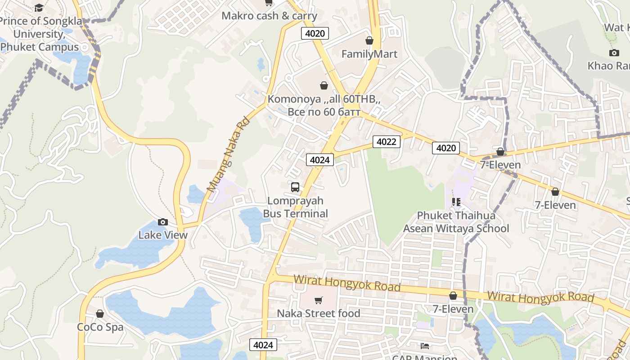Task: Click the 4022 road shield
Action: [386, 142]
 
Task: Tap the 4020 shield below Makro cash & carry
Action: [315, 33]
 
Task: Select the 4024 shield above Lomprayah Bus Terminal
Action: [320, 159]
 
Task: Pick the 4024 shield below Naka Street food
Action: [263, 345]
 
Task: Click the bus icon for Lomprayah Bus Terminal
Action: [295, 187]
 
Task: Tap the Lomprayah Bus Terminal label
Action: [295, 207]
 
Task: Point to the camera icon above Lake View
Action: [163, 222]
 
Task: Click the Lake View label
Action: [163, 235]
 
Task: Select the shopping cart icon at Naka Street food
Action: [319, 300]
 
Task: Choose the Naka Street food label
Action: [319, 313]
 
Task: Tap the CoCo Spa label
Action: [100, 327]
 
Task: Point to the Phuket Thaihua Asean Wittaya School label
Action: [456, 222]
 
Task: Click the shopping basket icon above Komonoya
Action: [324, 85]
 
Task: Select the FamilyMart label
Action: [369, 54]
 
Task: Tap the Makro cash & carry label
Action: [269, 16]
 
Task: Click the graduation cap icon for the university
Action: [39, 8]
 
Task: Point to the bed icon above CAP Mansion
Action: [424, 346]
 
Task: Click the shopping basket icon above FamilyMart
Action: [369, 41]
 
